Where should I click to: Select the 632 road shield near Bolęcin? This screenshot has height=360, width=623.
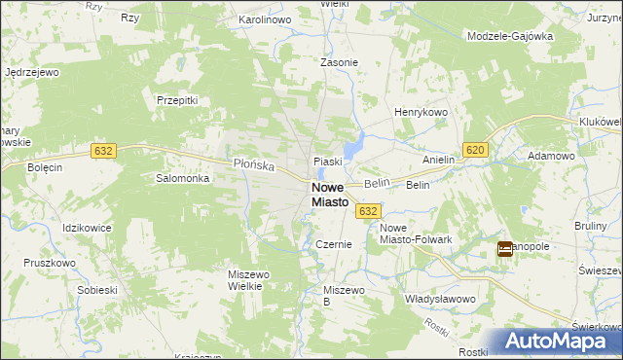pos(104,150)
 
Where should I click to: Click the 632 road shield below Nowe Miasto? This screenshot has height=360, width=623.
pos(367,211)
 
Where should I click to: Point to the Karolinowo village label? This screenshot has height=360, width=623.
pos(266,19)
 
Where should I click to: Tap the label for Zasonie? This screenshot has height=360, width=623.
pos(340,62)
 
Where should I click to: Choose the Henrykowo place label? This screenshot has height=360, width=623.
pos(420,113)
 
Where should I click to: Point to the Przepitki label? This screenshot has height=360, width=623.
pos(177,99)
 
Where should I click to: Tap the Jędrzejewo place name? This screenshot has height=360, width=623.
pos(33,72)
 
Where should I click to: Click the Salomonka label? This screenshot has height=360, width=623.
pos(183,178)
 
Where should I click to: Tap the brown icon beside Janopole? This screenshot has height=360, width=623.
pos(505,249)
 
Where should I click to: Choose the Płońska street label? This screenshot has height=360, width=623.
pos(255,164)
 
